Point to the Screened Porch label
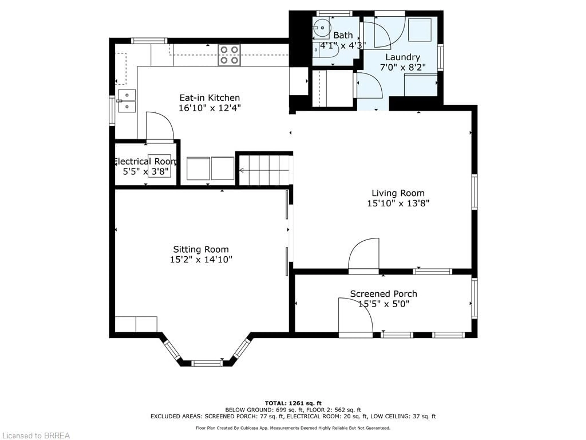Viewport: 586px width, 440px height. (384, 294)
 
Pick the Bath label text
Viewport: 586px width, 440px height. (343, 35)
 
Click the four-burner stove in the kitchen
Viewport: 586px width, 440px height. (229, 55)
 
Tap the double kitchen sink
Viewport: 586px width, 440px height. (127, 101)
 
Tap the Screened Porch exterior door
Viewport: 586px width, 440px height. (356, 317)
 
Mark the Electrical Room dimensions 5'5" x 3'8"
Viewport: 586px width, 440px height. (146, 172)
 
